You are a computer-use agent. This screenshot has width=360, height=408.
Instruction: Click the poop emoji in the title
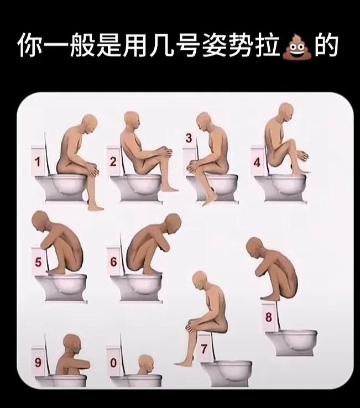(298, 47)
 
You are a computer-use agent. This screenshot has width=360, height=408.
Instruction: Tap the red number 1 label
(38, 162)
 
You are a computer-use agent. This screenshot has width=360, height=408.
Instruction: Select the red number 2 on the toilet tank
(113, 162)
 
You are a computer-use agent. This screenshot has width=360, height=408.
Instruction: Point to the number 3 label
(189, 138)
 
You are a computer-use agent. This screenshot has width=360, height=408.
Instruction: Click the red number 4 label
(257, 163)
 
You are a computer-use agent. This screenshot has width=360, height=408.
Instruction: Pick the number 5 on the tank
(38, 262)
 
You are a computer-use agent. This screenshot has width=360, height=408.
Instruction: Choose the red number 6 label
(113, 261)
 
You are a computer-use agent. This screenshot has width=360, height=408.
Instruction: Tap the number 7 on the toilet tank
(204, 349)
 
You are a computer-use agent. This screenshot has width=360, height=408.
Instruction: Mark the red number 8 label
(269, 317)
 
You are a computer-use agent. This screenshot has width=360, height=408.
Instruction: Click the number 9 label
(38, 363)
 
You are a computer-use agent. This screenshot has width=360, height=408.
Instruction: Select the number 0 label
(113, 363)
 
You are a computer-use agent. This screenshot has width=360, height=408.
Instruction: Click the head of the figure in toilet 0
(146, 364)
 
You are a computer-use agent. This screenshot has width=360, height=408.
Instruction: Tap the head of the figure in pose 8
(255, 248)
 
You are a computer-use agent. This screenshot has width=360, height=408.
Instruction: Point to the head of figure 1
(89, 124)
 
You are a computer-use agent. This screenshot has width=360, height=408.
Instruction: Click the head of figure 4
(286, 112)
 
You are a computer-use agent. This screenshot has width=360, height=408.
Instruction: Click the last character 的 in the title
(326, 46)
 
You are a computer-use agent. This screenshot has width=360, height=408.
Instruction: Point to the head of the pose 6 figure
(173, 223)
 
